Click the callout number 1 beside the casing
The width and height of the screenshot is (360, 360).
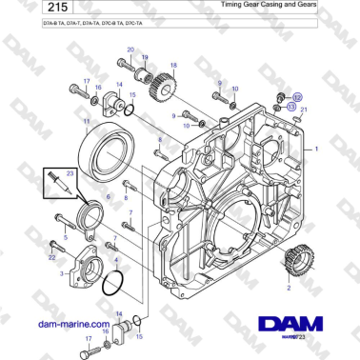tap(344, 150)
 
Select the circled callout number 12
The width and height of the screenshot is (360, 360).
tap(297, 97)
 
